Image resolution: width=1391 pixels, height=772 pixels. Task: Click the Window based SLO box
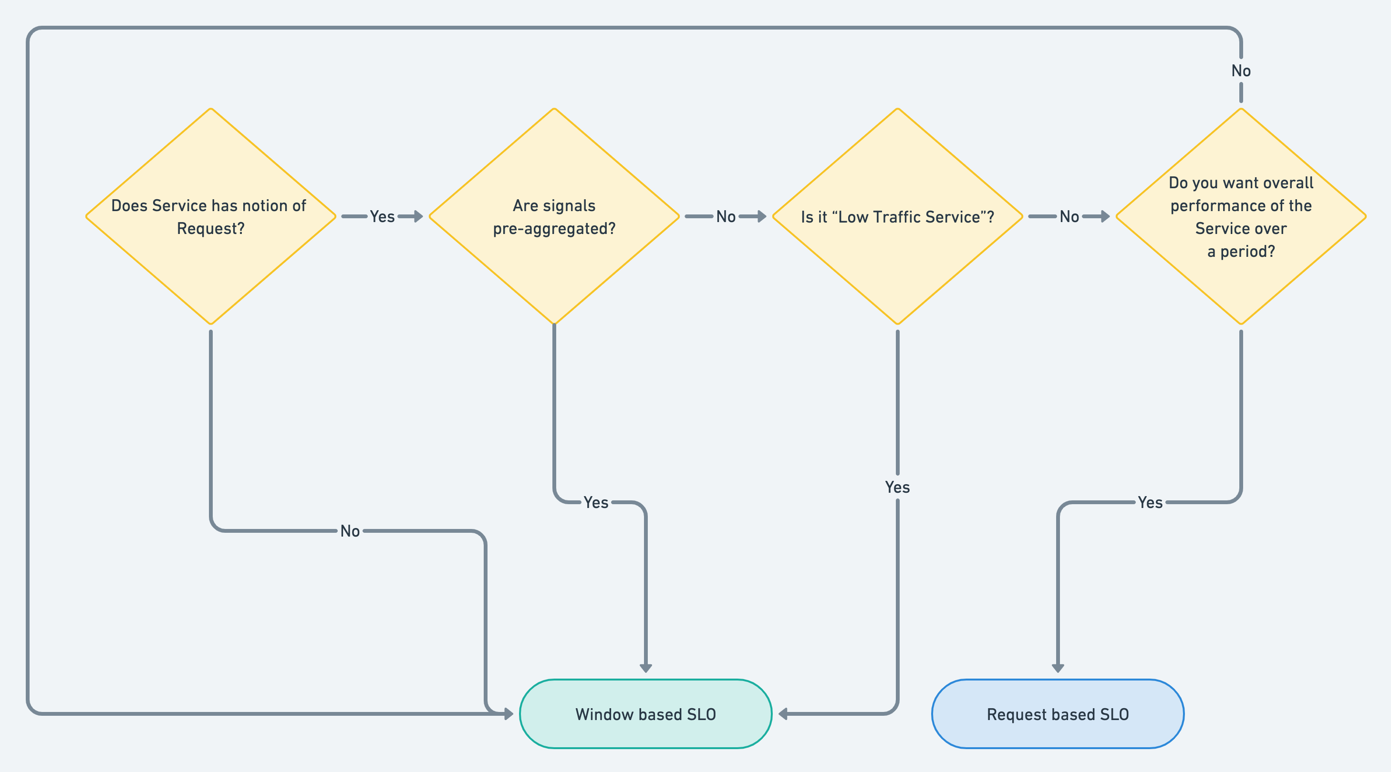tap(645, 714)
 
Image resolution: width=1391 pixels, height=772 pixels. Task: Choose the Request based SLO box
tap(1057, 714)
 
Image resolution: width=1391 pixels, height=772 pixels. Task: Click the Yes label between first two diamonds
tap(382, 217)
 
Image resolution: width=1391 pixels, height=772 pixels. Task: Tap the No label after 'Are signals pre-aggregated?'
tap(726, 217)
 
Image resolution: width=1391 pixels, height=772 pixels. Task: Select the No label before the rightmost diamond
tap(1069, 217)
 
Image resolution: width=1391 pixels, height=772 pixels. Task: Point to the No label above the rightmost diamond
tap(1241, 71)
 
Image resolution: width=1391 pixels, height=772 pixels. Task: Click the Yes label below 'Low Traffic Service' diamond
tap(897, 487)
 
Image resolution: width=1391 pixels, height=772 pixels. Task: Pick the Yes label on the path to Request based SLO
tap(1150, 502)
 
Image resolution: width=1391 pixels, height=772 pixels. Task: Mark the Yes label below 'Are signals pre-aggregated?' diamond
tap(596, 502)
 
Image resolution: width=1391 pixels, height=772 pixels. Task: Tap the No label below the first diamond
tap(350, 531)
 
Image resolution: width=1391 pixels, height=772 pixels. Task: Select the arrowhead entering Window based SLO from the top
tap(645, 668)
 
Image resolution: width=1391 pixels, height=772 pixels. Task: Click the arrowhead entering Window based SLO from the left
tap(508, 714)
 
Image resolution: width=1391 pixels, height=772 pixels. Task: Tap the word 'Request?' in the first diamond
tap(210, 229)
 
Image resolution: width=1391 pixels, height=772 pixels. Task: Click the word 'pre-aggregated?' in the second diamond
tap(554, 229)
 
